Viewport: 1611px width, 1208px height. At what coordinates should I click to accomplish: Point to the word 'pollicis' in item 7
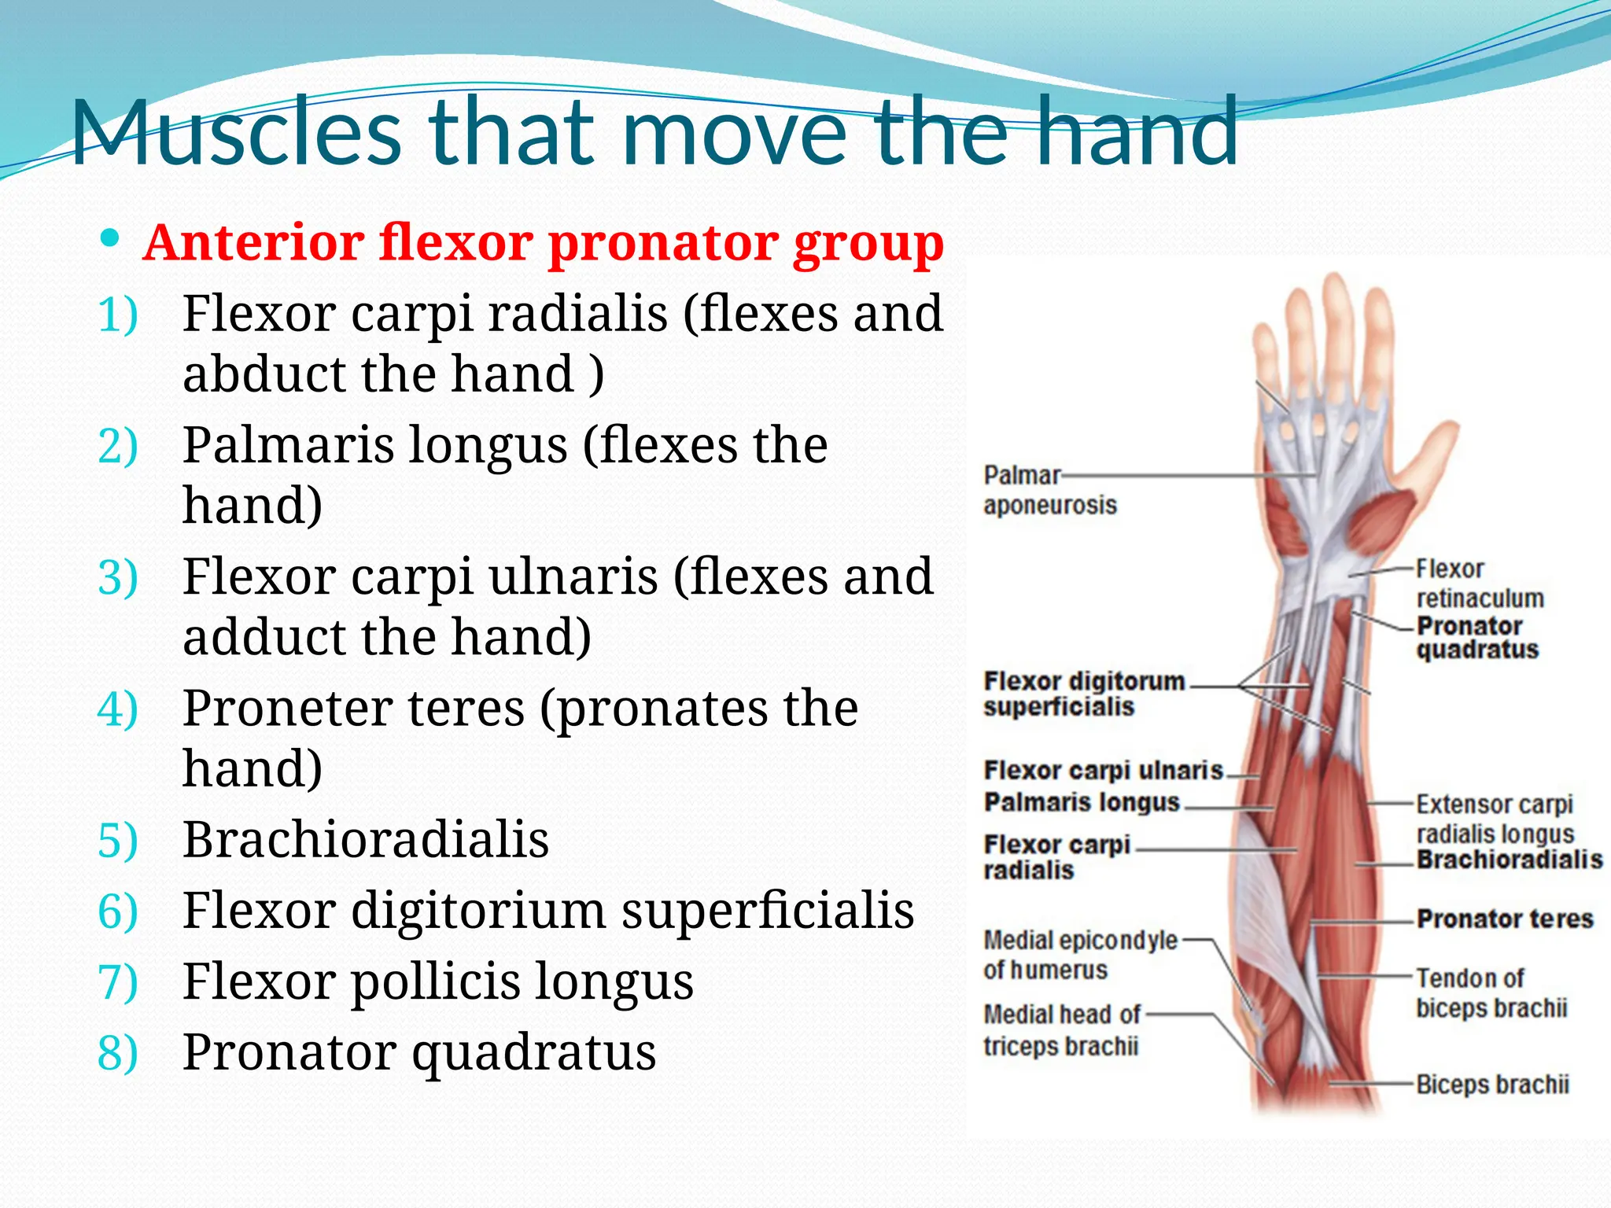coord(437,981)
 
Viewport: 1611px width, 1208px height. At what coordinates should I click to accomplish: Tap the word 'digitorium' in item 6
coord(477,911)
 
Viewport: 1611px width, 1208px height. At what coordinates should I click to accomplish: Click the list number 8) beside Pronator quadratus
coord(117,1052)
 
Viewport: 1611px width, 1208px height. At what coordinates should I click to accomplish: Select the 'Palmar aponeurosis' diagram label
coord(1048,490)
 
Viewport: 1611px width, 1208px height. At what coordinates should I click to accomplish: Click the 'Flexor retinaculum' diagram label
coord(1479,584)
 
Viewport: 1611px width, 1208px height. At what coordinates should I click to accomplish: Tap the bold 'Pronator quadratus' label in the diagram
coord(1476,638)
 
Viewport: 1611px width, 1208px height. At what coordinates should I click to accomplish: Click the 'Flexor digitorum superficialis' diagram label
coord(1082,694)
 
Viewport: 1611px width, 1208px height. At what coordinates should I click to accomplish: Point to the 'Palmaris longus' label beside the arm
coord(1082,802)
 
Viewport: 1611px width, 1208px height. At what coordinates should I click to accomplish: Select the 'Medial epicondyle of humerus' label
coord(1079,955)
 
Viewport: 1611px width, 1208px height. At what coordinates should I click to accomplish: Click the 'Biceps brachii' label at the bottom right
coord(1491,1085)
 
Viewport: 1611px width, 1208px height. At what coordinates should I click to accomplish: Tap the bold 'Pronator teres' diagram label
coord(1504,919)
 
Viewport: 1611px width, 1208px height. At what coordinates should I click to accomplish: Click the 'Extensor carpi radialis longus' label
coord(1494,819)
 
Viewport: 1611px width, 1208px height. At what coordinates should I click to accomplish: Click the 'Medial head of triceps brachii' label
coord(1061,1030)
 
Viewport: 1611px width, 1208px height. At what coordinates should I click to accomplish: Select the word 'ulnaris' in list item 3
coord(573,576)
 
